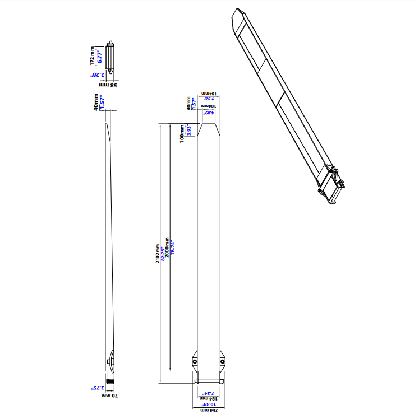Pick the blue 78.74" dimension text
(x=173, y=248)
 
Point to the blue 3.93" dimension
(x=188, y=131)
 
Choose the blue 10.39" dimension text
(x=209, y=403)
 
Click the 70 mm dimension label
(x=108, y=395)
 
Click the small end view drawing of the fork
(x=112, y=57)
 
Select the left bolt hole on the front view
(x=195, y=362)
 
